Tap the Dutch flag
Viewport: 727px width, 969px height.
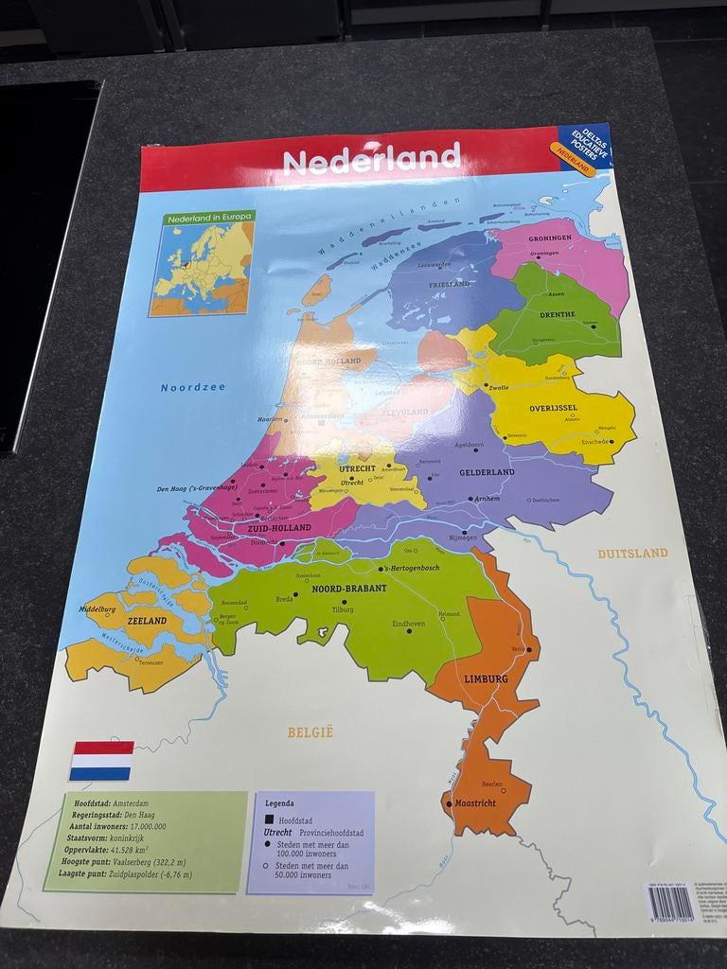[101, 761]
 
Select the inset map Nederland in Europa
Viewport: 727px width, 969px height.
[202, 262]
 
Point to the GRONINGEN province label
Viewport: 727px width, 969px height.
[550, 238]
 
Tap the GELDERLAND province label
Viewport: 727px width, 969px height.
[487, 471]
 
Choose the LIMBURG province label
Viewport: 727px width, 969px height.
[486, 678]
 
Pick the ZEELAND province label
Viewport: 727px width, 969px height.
[147, 621]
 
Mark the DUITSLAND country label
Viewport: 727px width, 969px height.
[632, 553]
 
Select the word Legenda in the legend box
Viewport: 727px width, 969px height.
[279, 803]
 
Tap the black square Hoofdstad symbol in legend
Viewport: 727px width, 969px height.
[269, 819]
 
